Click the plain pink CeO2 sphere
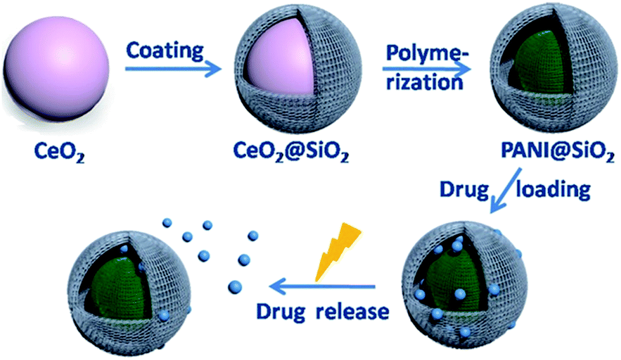(56, 71)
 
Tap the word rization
(423, 84)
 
